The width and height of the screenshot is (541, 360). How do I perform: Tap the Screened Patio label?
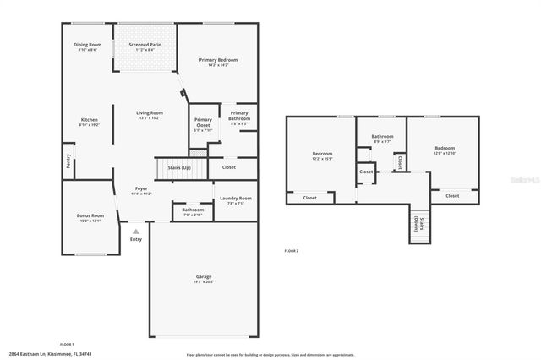(x=145, y=44)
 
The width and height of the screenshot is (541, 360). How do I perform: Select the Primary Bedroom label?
(x=218, y=60)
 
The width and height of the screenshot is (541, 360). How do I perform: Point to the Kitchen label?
(x=90, y=120)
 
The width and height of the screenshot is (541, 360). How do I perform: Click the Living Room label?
(x=150, y=112)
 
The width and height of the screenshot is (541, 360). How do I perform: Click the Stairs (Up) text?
(x=179, y=167)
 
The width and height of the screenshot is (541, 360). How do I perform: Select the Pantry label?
(x=68, y=161)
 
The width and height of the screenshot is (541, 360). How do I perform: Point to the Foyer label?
(x=141, y=188)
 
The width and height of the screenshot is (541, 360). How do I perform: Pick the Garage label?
(x=202, y=277)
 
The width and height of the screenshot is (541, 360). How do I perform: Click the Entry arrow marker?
(x=135, y=231)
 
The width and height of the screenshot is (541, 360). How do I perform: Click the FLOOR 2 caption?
(x=292, y=251)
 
